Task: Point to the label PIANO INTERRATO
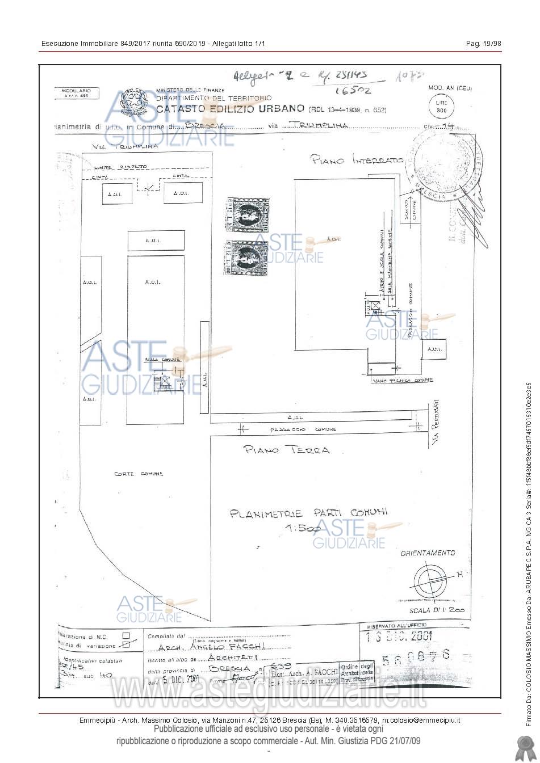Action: pos(357,160)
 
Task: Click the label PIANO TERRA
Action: pos(286,450)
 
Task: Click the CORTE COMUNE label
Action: pos(139,473)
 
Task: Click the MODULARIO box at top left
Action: pos(76,94)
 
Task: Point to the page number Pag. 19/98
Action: pos(483,44)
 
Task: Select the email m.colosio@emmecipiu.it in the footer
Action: pos(421,720)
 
